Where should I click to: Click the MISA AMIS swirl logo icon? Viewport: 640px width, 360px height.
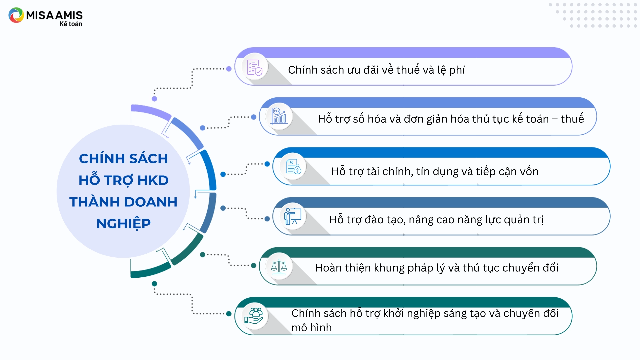coord(16,15)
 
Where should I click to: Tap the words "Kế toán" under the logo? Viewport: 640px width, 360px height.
coord(71,24)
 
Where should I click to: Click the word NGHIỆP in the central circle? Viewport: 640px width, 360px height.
coord(124,224)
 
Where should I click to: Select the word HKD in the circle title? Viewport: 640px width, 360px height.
coord(153,180)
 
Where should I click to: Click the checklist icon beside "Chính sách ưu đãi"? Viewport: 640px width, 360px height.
coord(254,67)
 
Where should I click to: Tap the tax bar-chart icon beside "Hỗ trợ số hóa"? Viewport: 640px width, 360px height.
coord(279,116)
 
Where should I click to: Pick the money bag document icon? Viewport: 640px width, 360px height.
coord(293,166)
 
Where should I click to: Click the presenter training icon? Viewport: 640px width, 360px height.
coord(293,216)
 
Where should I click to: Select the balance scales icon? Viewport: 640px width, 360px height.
coord(279,267)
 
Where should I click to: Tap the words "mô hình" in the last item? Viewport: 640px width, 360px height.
coord(312,328)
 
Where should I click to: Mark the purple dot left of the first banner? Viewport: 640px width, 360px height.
coord(229,69)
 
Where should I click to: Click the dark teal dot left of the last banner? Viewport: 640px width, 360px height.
coord(229,314)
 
